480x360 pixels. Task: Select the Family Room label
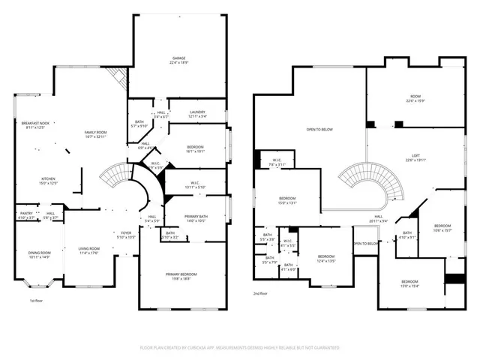click(x=99, y=133)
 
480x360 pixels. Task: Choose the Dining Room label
click(x=38, y=254)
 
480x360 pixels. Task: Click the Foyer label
click(x=127, y=234)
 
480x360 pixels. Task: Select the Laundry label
click(x=197, y=114)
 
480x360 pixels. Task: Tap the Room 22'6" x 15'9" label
click(x=415, y=98)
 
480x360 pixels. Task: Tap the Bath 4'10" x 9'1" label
click(x=407, y=235)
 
